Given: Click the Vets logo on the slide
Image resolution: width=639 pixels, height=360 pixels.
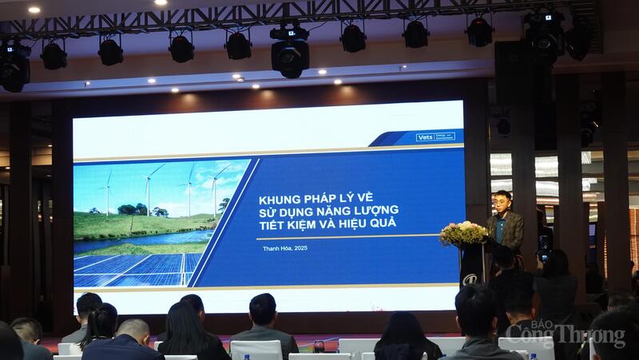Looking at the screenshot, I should tap(435, 136).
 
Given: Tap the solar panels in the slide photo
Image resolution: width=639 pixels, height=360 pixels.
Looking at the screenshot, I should tap(136, 268).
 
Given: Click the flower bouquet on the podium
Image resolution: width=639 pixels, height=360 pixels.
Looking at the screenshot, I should tap(463, 233).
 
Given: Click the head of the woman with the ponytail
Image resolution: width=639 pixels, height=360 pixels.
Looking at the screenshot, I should tap(101, 320).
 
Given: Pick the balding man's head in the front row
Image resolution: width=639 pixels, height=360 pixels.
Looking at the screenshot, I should tap(132, 328).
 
